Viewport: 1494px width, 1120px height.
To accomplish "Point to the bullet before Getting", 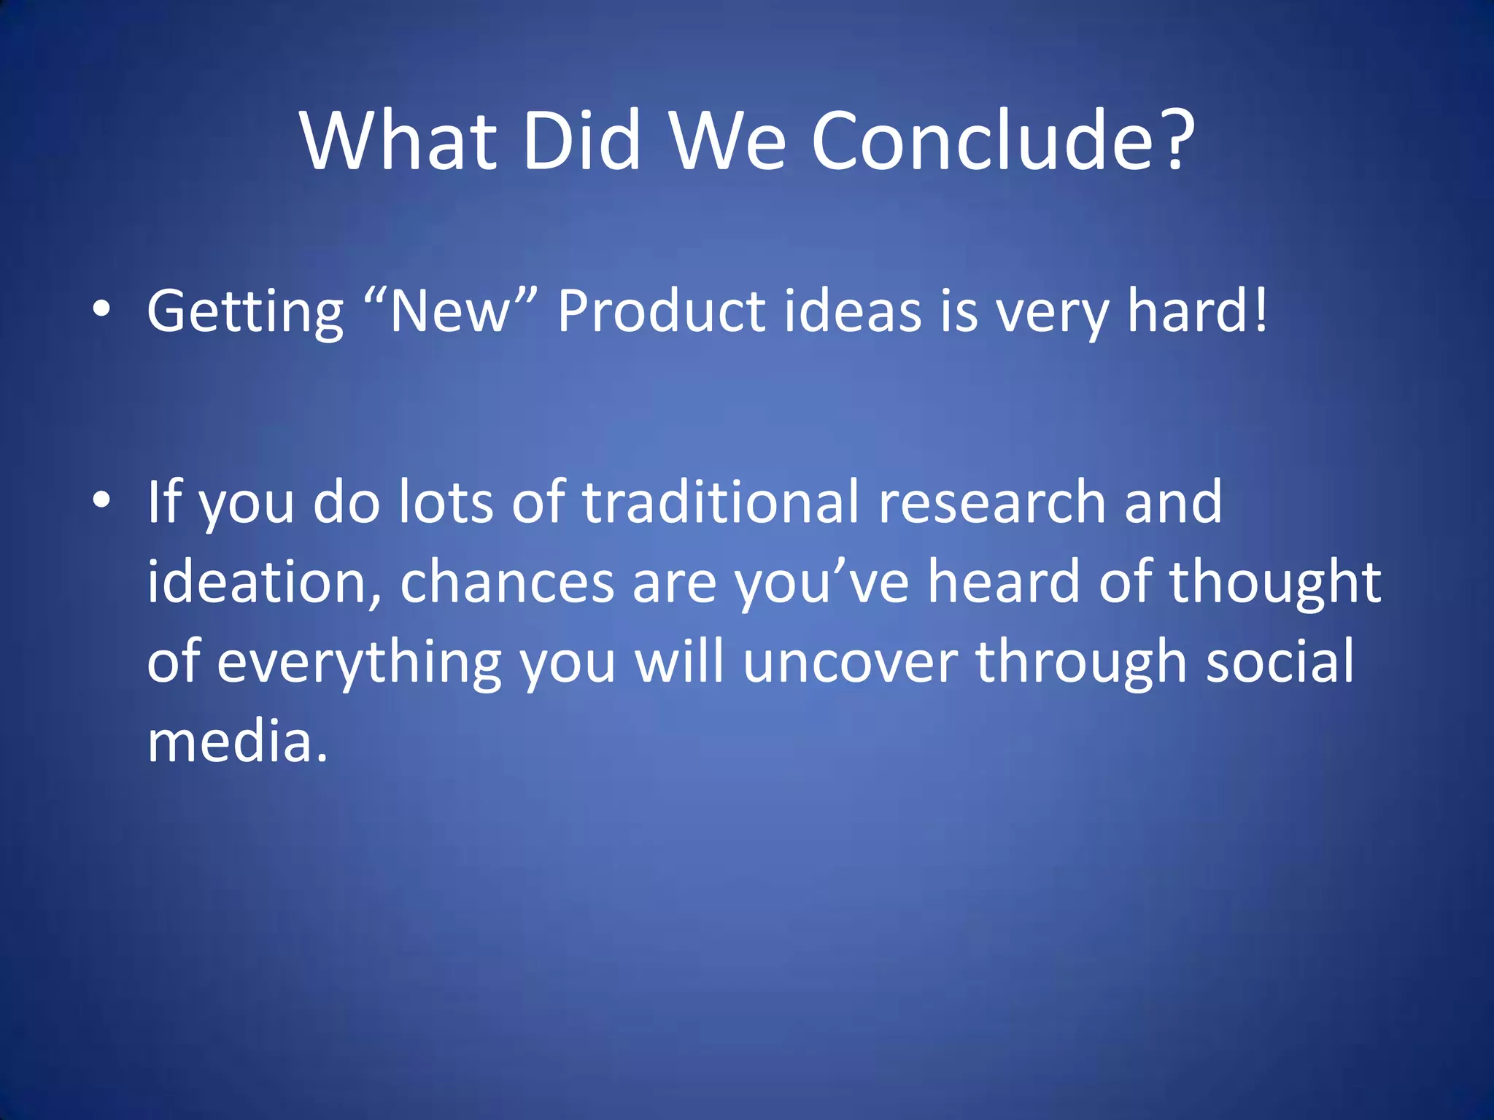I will coord(101,311).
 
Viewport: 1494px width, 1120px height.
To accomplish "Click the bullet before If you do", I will coord(101,500).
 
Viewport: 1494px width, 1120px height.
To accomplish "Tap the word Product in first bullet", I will coord(661,311).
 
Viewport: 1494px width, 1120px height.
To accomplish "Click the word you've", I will coord(821,583).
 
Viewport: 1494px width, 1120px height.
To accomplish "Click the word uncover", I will coord(850,662).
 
